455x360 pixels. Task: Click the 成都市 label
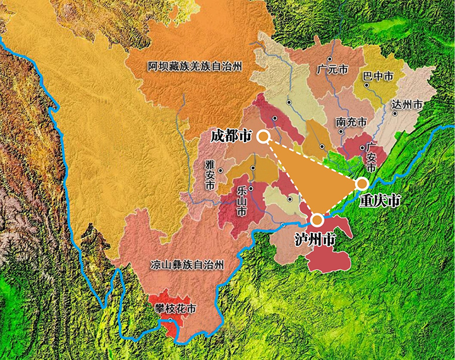click(x=231, y=136)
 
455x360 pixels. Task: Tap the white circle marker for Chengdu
click(x=264, y=136)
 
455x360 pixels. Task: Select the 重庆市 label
click(x=379, y=201)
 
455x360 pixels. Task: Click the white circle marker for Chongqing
click(x=361, y=183)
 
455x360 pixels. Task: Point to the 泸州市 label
click(x=315, y=239)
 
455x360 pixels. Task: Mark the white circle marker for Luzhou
click(x=317, y=220)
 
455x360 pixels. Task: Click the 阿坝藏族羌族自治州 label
click(x=195, y=66)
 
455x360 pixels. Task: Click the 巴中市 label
click(x=379, y=76)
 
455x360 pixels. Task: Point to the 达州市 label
click(x=406, y=104)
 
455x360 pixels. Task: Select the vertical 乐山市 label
click(x=241, y=200)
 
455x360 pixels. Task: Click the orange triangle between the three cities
click(x=316, y=177)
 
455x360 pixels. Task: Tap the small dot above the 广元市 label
click(x=329, y=59)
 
